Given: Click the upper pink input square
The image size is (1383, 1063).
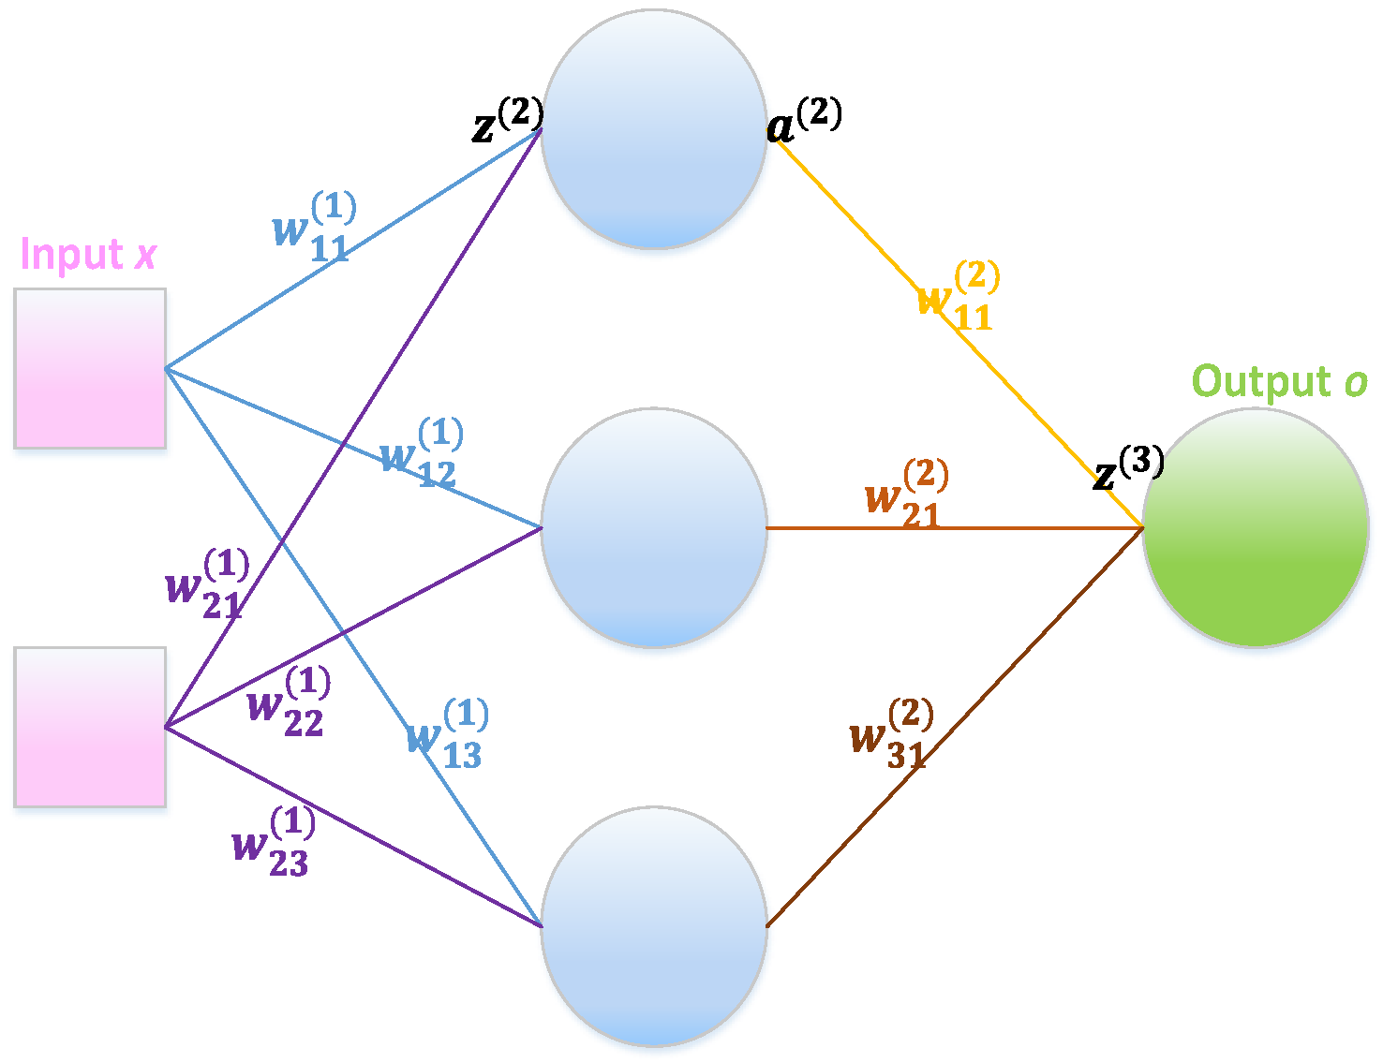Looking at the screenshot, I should coord(90,368).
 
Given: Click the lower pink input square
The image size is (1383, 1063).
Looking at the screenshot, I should coord(90,727).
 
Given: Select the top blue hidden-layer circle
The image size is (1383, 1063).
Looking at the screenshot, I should coord(654,129).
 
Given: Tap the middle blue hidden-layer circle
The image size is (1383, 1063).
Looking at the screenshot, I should coord(654,527).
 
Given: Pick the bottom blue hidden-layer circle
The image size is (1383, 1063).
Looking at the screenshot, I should coord(654,926).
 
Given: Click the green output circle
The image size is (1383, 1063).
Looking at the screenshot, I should coord(1256,527).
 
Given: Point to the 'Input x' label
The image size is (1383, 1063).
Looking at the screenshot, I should coord(88,254).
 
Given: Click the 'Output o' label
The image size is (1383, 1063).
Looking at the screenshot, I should coord(1279,382).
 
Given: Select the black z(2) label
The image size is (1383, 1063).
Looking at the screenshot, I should coord(507,121).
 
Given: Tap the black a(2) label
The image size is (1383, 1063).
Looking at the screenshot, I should coord(804,121).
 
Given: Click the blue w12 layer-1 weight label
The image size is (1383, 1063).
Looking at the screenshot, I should coord(422,454).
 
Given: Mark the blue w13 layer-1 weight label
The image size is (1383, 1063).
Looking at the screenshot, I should coord(447,735).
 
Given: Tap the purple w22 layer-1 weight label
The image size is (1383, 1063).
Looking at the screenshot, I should coord(289,702).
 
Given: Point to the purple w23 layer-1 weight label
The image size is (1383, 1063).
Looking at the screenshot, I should coord(273,843).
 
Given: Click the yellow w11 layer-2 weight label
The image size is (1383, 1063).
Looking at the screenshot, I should coord(958,297).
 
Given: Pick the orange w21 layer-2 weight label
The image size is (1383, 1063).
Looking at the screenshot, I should coord(906,495).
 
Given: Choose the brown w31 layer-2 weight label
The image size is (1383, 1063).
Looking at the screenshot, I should coord(891,734).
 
